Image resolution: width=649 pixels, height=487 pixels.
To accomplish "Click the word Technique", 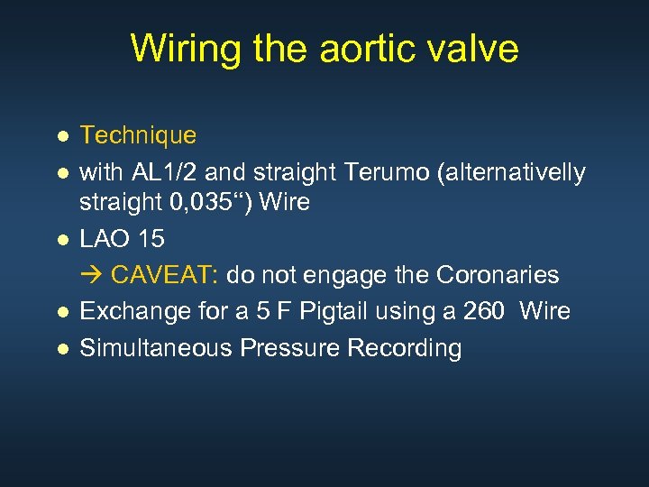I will point(138,136).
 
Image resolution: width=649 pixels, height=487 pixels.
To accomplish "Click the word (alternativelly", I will point(508,171).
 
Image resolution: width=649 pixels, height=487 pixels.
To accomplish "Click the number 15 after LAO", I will point(150,240).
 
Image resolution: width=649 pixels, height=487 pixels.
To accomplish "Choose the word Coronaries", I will point(498,275).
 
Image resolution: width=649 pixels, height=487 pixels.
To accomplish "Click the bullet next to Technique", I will point(61,137).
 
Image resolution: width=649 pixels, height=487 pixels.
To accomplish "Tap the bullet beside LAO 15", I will point(61,241).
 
